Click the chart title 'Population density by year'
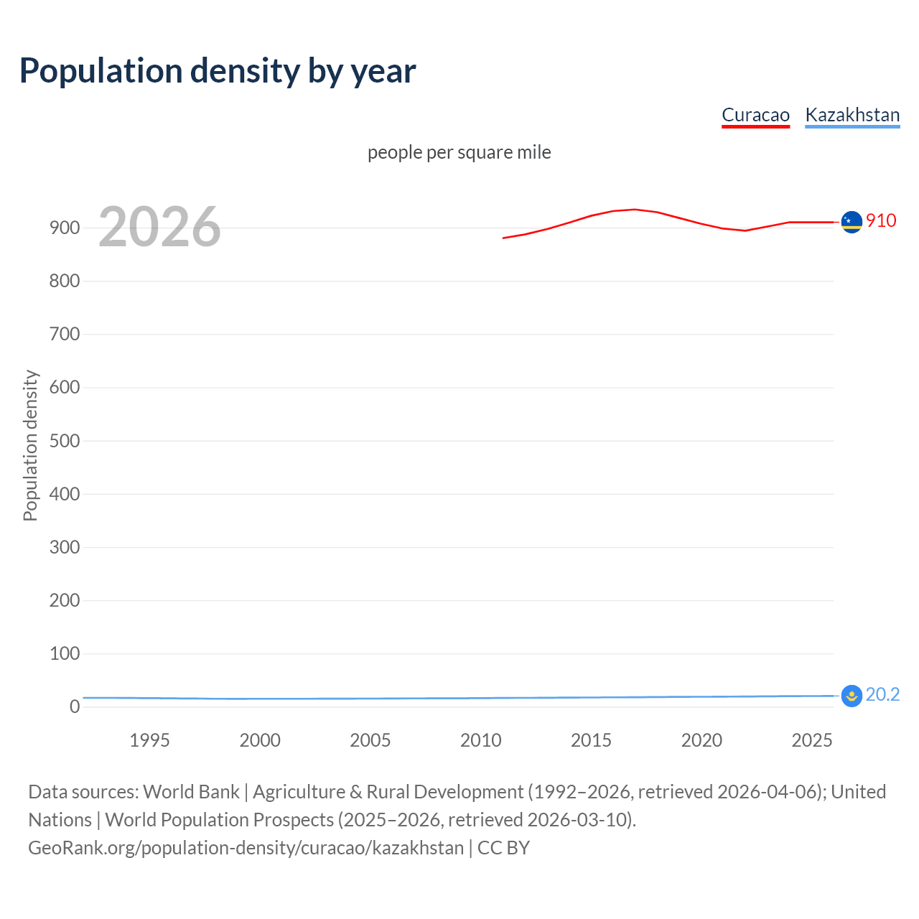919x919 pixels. (218, 71)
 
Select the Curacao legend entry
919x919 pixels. (755, 115)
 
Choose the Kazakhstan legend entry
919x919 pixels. (852, 115)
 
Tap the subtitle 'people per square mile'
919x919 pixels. (459, 152)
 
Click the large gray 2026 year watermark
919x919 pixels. (159, 227)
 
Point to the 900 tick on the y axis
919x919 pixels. (65, 228)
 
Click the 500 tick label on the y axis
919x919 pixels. (65, 441)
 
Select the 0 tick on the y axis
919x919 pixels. (75, 707)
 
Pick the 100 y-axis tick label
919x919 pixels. (65, 654)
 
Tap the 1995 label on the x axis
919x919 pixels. (149, 740)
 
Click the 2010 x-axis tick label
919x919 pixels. (480, 740)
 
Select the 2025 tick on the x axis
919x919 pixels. (812, 740)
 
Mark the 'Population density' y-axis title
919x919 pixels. (30, 445)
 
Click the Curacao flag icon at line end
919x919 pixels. (852, 223)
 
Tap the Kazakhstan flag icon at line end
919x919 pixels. (852, 696)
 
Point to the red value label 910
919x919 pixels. (881, 220)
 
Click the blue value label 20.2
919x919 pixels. (882, 694)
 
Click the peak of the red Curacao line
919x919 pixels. (635, 210)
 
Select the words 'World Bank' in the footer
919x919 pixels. (191, 792)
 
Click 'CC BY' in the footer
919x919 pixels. (503, 848)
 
